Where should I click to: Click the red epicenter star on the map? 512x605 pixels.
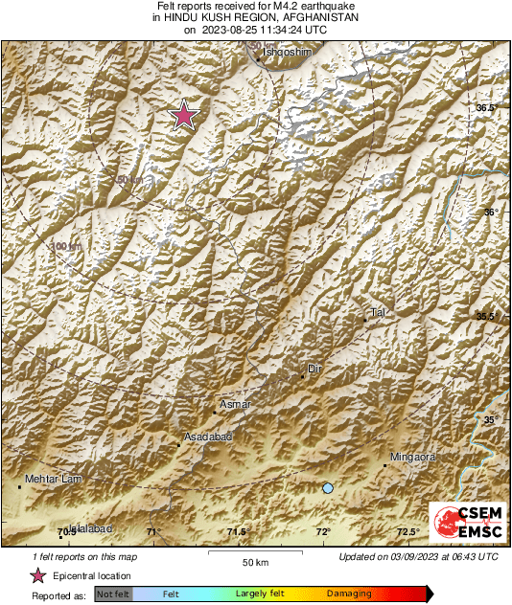183,116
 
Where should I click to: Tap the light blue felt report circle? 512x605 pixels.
328,488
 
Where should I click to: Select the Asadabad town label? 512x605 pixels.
208,437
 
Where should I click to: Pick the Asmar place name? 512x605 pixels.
235,405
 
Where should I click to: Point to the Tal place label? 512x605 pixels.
377,313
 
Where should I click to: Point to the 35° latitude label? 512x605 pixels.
490,420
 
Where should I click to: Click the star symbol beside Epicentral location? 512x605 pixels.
37,575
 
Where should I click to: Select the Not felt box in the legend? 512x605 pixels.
113,594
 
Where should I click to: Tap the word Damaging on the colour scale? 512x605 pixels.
348,594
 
